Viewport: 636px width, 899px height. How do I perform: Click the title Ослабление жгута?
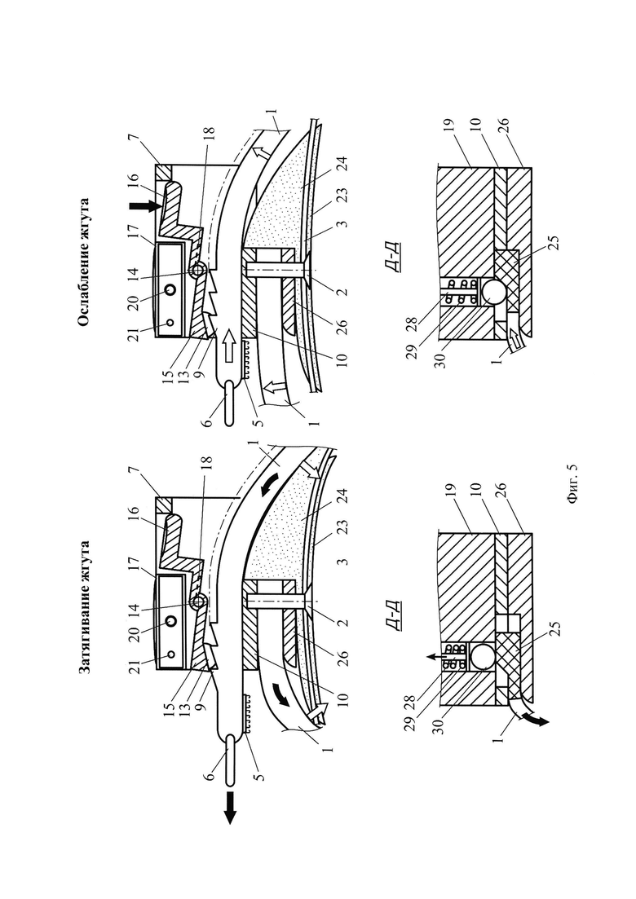click(x=84, y=262)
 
